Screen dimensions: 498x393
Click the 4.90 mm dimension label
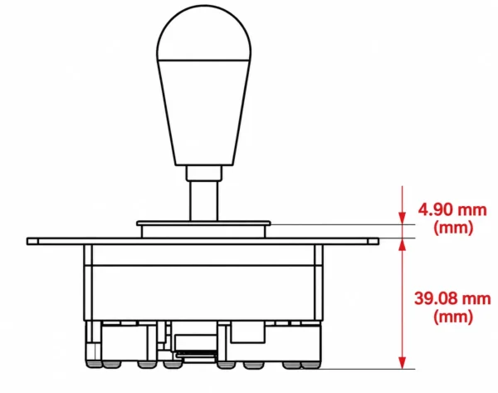click(452, 210)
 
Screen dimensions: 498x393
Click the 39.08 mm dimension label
click(452, 298)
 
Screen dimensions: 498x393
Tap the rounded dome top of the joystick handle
click(204, 32)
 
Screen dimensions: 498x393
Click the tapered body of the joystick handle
click(204, 112)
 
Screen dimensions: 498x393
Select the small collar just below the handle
click(204, 173)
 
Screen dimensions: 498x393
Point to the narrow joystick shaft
click(204, 201)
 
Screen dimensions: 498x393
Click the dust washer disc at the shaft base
click(203, 224)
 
